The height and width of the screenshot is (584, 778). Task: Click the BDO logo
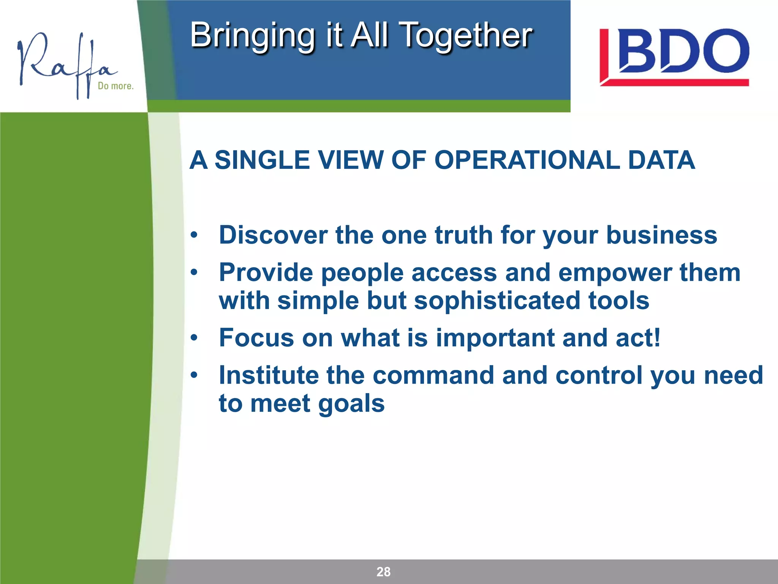674,57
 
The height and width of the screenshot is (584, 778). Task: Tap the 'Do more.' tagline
115,86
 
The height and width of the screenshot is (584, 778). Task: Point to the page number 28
383,571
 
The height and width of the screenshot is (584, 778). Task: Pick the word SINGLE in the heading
262,160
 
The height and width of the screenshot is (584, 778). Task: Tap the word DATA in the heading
661,160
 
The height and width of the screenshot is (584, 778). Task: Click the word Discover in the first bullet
273,235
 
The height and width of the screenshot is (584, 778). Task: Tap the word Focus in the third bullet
256,338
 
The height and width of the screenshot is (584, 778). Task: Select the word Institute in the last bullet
269,375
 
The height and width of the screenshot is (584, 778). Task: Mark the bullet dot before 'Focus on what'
194,338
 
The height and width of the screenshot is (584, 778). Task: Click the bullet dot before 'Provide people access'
194,273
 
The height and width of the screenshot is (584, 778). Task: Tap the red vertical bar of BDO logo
604,55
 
